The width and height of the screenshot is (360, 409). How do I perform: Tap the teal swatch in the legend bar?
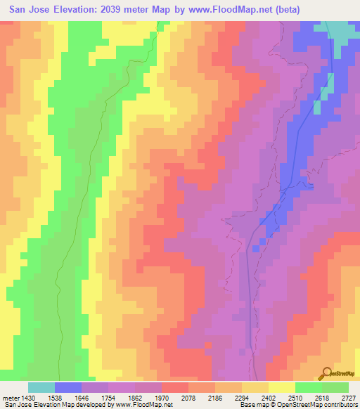(x=41, y=387)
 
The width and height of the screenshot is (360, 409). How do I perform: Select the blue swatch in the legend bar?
(x=68, y=387)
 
